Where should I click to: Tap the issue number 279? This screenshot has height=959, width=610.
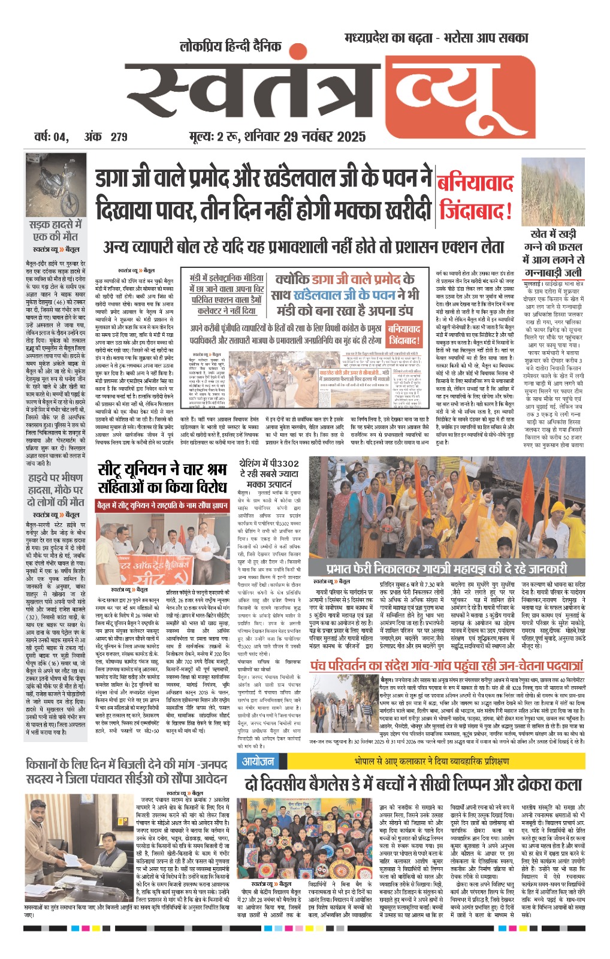click(x=119, y=137)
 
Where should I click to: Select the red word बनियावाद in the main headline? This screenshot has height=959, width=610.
click(x=475, y=183)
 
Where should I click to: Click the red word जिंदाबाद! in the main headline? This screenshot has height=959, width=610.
click(x=476, y=211)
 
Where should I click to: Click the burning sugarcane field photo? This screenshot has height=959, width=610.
click(x=552, y=192)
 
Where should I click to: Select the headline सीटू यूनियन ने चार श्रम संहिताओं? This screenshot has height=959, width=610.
click(x=162, y=478)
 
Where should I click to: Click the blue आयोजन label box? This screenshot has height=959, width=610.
click(x=258, y=761)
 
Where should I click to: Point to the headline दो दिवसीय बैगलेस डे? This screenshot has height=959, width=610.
click(x=413, y=784)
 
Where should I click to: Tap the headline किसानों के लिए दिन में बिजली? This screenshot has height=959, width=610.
click(x=126, y=771)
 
